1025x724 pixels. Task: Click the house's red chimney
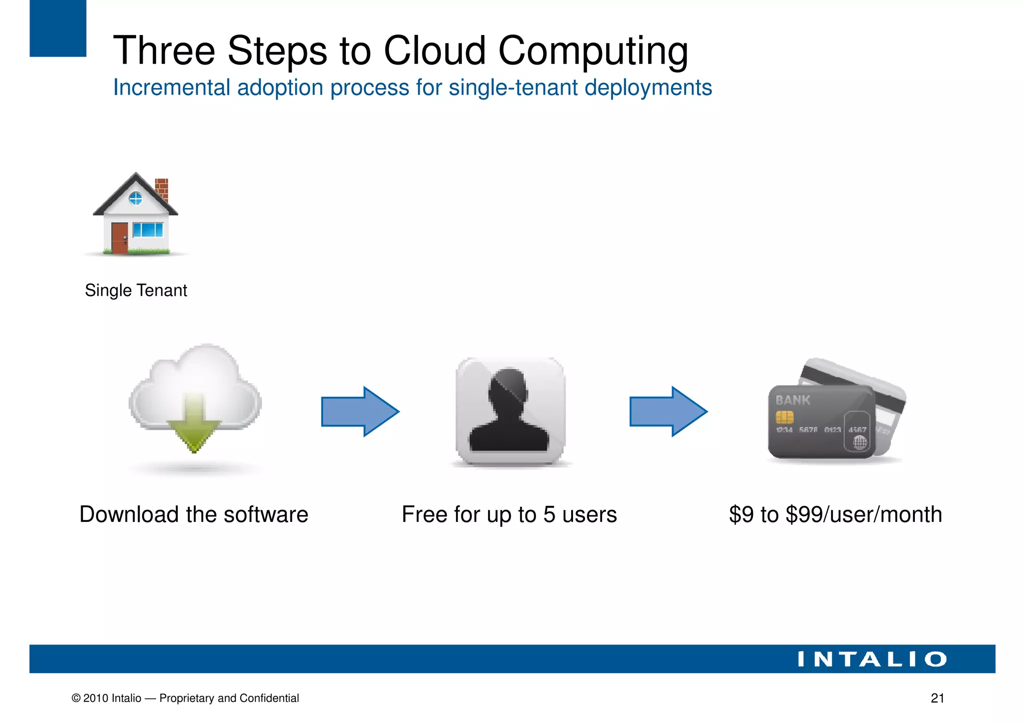point(161,189)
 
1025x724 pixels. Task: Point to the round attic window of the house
point(136,199)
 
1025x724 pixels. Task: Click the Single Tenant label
point(136,290)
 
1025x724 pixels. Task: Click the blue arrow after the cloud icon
point(360,411)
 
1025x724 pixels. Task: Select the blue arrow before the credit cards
point(668,411)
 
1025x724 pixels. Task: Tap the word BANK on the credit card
point(792,400)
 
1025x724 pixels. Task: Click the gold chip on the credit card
point(784,417)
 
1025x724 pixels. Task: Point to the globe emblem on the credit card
point(859,442)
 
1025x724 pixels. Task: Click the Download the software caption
point(194,514)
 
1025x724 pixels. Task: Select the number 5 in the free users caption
point(549,515)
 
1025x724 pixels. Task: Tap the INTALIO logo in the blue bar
point(872,659)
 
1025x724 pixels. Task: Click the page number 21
point(937,698)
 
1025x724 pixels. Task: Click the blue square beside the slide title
point(58,28)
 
